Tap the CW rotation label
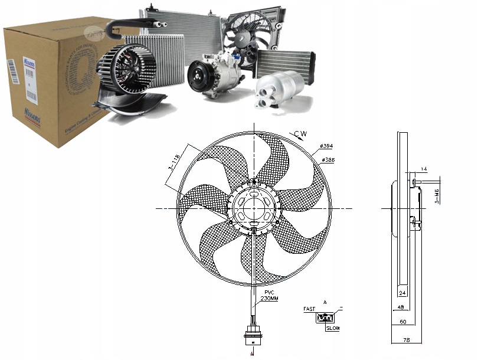(x=302, y=135)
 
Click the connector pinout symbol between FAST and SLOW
(x=324, y=318)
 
